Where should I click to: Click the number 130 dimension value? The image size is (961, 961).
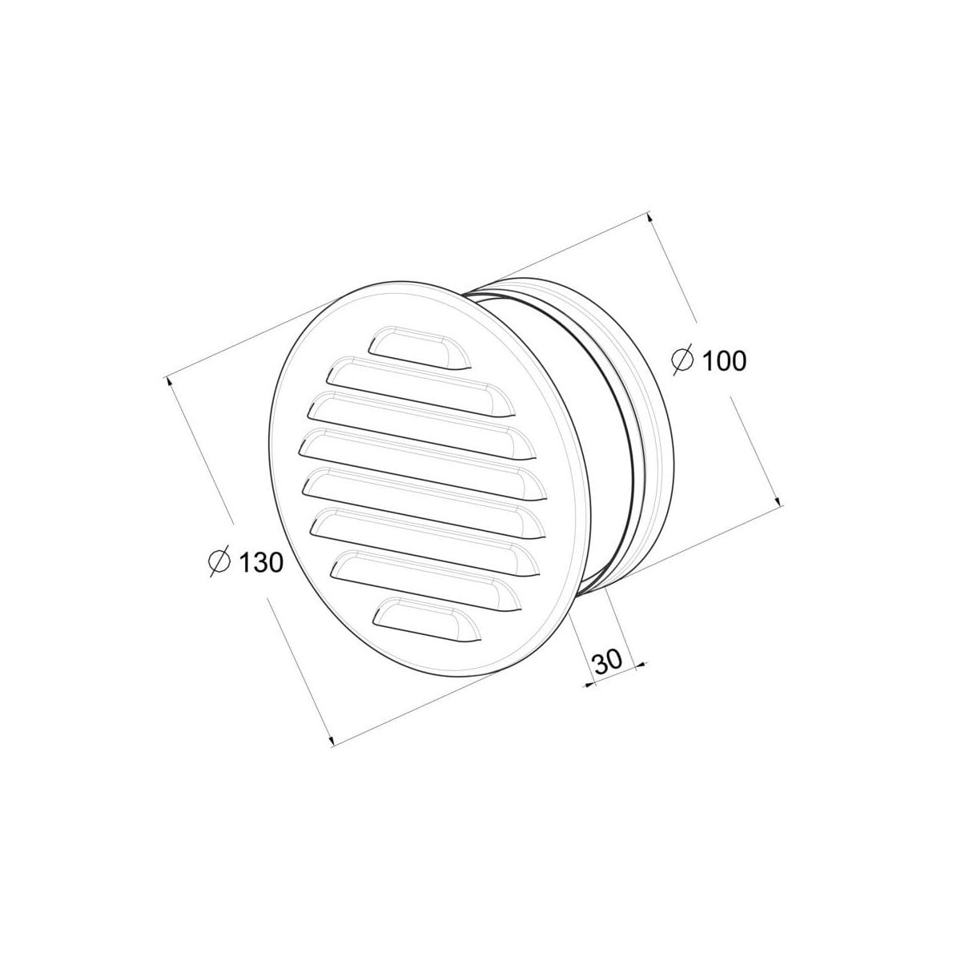point(261,562)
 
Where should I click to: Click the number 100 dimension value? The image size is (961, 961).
point(724,360)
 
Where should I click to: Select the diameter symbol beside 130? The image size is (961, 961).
point(219,562)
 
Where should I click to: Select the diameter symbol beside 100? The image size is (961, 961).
point(683,360)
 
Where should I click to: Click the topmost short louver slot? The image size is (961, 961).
point(419,348)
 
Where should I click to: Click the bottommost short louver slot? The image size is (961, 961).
point(429,620)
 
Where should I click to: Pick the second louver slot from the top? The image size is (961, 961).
point(421,387)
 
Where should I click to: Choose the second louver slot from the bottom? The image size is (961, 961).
point(428,581)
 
